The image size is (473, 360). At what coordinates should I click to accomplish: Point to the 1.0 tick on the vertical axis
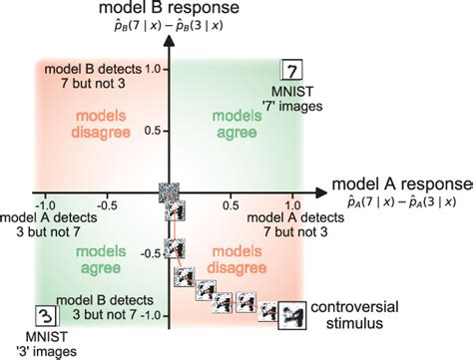click(x=155, y=69)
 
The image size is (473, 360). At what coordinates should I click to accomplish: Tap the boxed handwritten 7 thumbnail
click(x=290, y=71)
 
